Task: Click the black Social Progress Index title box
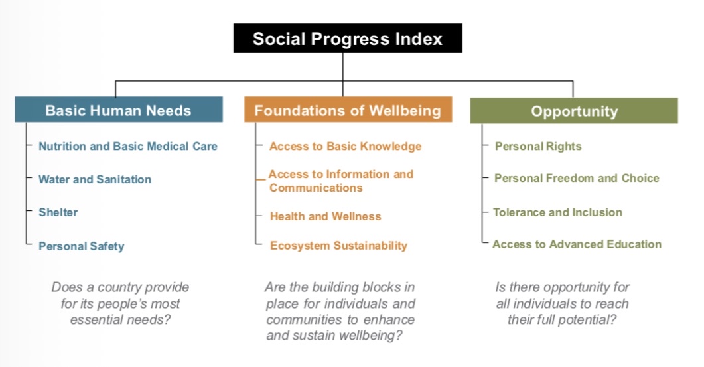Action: (x=348, y=38)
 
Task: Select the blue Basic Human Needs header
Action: (x=119, y=110)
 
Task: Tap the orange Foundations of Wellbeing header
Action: (x=348, y=110)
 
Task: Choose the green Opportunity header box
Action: (x=574, y=111)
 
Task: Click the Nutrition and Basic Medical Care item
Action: (x=128, y=147)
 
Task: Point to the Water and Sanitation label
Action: (x=95, y=179)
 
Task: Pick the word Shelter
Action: (x=58, y=212)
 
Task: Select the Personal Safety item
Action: (x=81, y=246)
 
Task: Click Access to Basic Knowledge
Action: (x=345, y=147)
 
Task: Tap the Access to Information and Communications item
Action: (x=341, y=181)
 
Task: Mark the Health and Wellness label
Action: (x=326, y=216)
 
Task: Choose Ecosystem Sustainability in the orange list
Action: (x=338, y=246)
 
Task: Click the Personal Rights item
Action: (x=538, y=147)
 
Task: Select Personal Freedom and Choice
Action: (x=577, y=178)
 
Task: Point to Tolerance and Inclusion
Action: (x=557, y=212)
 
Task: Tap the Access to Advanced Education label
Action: (x=577, y=244)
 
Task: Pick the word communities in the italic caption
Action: (x=301, y=319)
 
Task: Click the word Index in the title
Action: (x=419, y=38)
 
